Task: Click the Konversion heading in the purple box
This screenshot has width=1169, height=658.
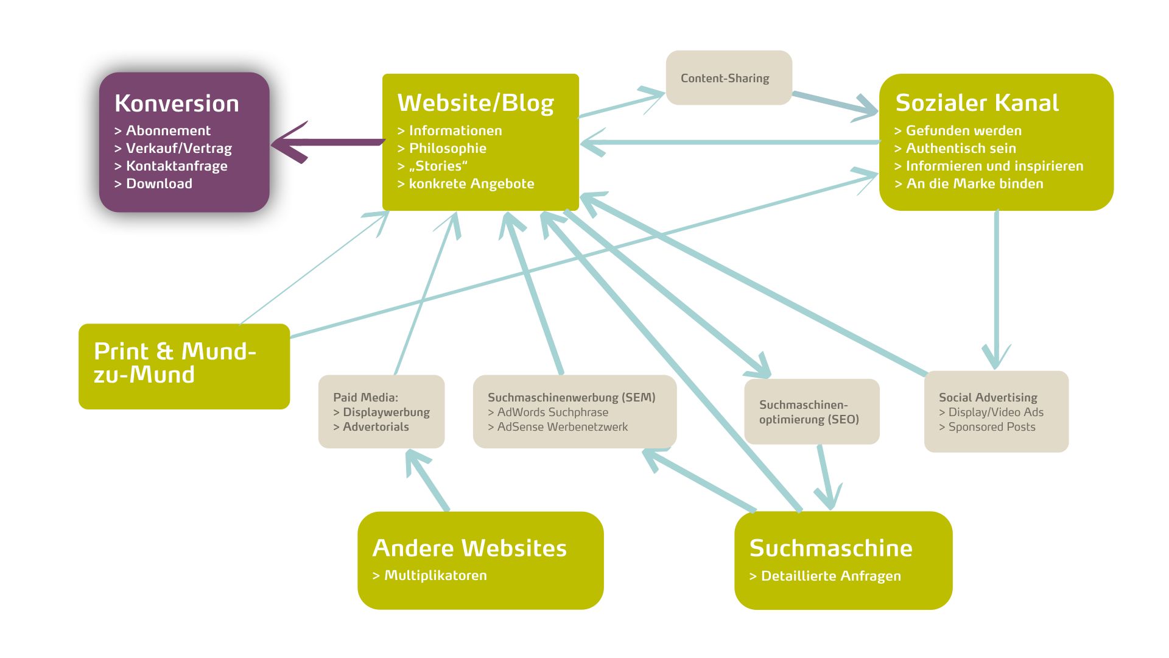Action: (x=177, y=104)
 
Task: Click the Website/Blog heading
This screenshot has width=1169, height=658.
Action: (x=476, y=103)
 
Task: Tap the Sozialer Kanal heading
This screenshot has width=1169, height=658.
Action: (x=977, y=103)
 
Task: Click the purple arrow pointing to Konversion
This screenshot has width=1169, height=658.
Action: (x=329, y=143)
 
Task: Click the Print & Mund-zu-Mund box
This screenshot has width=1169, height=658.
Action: (x=184, y=366)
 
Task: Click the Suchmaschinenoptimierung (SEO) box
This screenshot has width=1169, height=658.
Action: (x=811, y=412)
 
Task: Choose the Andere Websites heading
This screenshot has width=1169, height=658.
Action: (x=469, y=548)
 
